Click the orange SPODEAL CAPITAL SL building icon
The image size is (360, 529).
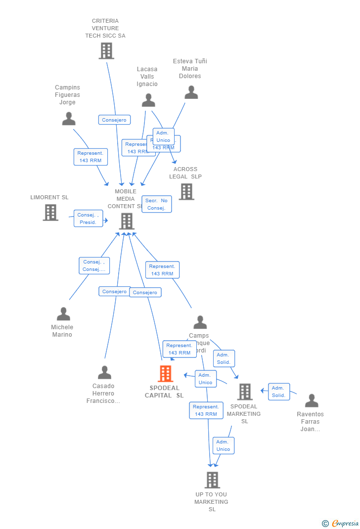click(166, 374)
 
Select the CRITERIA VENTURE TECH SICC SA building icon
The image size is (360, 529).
click(106, 51)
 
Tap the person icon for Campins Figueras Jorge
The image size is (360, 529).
click(69, 119)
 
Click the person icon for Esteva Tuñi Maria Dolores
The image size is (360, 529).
click(191, 92)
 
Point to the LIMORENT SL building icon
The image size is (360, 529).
click(50, 213)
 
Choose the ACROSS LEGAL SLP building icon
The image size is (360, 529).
click(186, 192)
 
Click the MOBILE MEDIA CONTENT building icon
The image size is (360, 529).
click(127, 221)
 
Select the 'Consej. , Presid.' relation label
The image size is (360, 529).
click(89, 219)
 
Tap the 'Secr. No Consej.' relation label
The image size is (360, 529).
click(157, 204)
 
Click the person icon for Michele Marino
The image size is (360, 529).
click(63, 314)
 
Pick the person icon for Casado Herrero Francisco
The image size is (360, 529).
click(104, 372)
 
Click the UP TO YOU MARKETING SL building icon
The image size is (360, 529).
click(212, 480)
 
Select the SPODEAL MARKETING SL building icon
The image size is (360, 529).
click(245, 392)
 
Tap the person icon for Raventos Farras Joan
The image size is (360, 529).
click(312, 400)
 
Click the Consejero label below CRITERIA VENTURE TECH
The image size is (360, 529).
click(114, 120)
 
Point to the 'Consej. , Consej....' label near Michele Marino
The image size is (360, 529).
click(94, 265)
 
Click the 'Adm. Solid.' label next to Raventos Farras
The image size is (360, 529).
click(279, 392)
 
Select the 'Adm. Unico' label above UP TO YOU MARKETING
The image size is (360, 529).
click(224, 445)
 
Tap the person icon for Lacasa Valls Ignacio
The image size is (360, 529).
click(148, 100)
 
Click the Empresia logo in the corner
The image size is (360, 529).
click(341, 523)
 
